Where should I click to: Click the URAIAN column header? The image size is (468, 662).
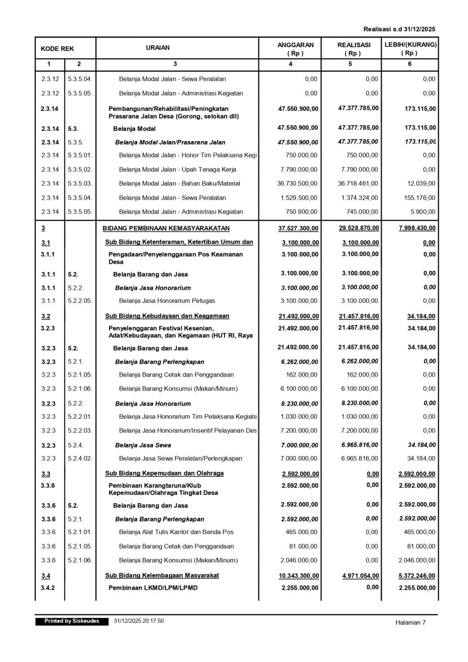[x=158, y=47]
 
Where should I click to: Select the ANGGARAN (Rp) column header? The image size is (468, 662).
[x=295, y=48]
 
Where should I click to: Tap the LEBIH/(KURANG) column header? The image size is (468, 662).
[x=410, y=48]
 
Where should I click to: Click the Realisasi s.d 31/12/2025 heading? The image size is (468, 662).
[x=399, y=29]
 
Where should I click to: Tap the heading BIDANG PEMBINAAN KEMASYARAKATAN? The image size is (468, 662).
[x=166, y=228]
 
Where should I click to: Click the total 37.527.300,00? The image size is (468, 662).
[x=298, y=228]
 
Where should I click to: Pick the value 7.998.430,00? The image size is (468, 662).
[x=417, y=228]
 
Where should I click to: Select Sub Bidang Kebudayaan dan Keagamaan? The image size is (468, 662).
[x=167, y=316]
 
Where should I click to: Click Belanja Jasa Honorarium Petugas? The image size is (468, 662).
[x=167, y=301]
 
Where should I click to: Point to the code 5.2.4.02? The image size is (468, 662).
[x=80, y=458]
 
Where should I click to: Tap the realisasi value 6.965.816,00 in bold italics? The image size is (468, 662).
[x=359, y=445]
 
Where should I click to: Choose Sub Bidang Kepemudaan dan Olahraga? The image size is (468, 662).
[x=164, y=473]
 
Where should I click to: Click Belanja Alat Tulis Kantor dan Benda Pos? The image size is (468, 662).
[x=176, y=532]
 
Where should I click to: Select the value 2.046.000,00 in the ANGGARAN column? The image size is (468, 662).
[x=299, y=560]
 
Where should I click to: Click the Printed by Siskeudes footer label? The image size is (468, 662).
[x=72, y=621]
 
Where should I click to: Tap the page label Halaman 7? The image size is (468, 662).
[x=410, y=623]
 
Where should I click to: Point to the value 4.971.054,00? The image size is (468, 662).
[x=360, y=576]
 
